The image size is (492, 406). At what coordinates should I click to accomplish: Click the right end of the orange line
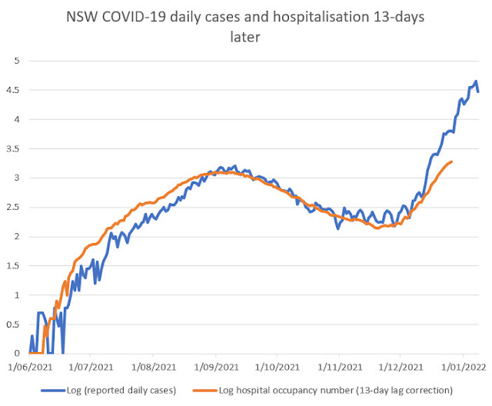point(451,161)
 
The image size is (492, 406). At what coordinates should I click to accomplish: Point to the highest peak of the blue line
point(476,82)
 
